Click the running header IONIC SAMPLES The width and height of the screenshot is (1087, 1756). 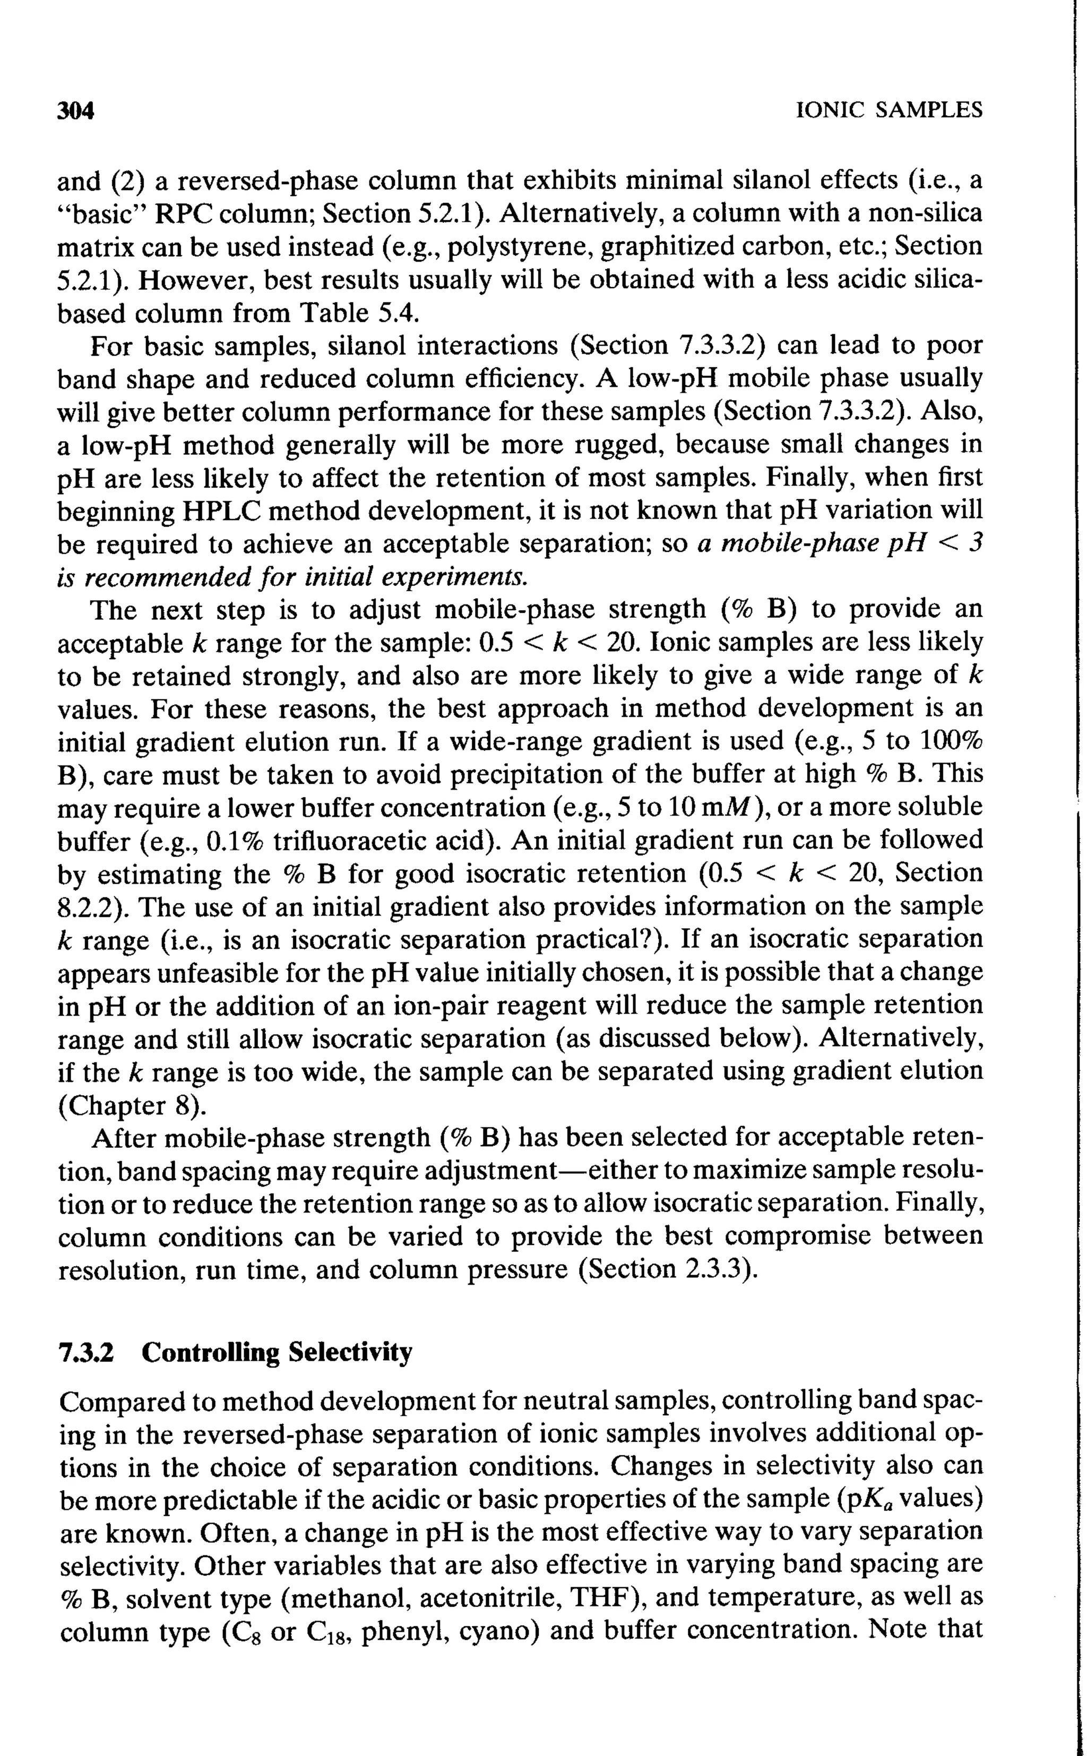click(x=890, y=110)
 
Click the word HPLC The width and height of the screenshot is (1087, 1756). click(x=221, y=511)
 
